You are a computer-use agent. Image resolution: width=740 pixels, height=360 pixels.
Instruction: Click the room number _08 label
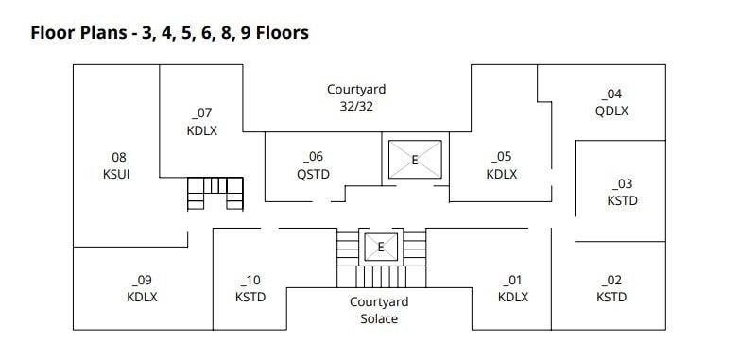118,158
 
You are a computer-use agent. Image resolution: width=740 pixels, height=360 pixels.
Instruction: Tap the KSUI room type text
118,175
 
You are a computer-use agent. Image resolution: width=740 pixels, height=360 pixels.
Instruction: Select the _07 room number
201,114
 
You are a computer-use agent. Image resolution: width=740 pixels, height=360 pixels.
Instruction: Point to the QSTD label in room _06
313,174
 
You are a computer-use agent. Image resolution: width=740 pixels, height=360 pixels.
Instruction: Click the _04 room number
611,94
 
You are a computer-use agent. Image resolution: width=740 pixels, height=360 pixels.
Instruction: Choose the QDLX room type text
611,111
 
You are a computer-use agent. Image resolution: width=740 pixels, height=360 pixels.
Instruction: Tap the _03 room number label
622,183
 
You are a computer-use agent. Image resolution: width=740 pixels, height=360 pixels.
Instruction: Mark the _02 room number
611,280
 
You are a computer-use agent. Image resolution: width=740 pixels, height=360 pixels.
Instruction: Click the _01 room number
512,280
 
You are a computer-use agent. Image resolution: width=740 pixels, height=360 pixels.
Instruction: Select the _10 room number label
250,280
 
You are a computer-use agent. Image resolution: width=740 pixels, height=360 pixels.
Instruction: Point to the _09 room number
142,280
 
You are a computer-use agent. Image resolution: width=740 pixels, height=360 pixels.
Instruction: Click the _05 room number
501,157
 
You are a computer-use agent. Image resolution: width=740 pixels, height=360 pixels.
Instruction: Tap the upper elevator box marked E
415,160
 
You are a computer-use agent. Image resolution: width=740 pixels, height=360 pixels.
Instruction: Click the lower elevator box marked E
381,247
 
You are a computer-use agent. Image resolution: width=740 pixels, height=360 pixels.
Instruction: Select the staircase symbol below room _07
215,193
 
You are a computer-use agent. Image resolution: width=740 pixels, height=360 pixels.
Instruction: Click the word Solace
379,319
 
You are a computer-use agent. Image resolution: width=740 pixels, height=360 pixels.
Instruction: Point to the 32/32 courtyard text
356,107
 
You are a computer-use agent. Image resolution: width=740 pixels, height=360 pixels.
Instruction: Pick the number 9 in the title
238,33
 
